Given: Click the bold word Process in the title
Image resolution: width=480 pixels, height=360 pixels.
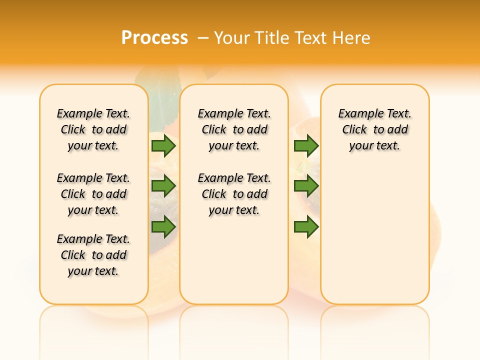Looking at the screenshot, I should [154, 37].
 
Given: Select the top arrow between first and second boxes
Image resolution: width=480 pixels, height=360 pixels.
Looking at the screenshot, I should [163, 146].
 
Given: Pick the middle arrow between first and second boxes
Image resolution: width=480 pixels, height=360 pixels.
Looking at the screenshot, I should [163, 186].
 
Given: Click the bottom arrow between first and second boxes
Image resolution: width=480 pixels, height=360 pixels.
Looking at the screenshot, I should [163, 227].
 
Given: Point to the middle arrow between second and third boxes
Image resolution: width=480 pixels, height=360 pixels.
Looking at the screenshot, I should [306, 186].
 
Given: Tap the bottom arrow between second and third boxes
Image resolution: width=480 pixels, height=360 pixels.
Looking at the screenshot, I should [306, 227].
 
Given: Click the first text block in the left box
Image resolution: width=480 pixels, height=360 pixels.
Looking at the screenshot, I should [93, 129].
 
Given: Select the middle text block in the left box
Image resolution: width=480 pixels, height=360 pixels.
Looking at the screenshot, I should [93, 194].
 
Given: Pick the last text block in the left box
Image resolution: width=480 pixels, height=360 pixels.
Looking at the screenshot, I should [93, 255].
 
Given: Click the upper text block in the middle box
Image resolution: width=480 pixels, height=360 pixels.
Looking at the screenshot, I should [234, 129].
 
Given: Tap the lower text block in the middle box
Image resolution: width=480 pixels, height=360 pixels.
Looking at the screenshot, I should [234, 194].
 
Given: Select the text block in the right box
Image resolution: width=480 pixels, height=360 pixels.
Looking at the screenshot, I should [374, 129].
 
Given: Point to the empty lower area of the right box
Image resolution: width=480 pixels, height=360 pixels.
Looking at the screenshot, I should [374, 240].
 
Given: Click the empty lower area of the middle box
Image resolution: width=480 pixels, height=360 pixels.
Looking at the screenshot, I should [234, 260].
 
